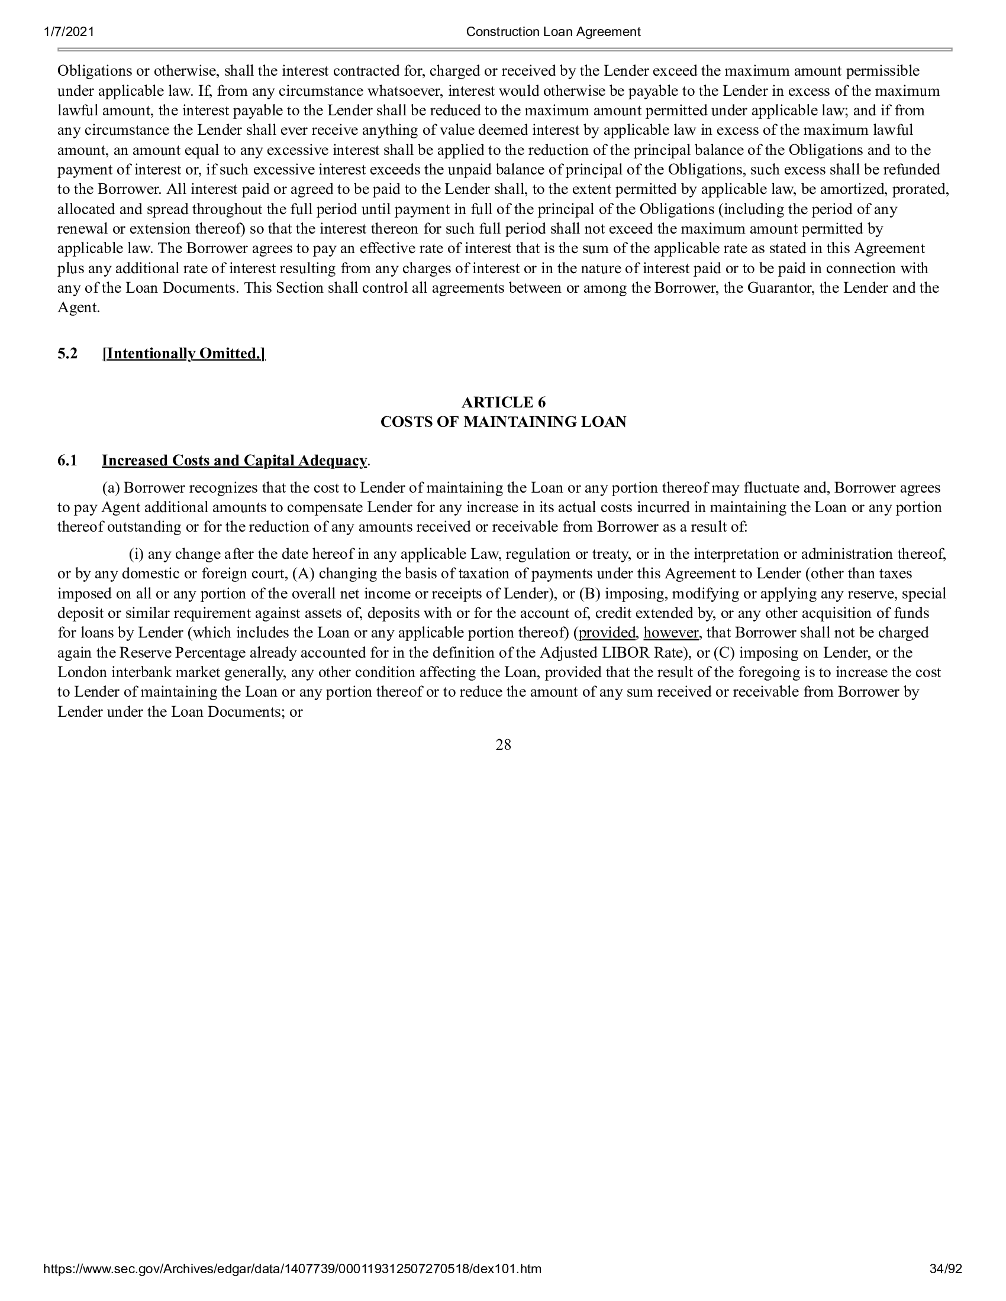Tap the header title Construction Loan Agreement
[553, 32]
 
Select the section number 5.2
[67, 354]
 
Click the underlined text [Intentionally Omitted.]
[183, 354]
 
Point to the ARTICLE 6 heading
[503, 402]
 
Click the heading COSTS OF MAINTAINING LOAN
[503, 422]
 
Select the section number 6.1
[67, 461]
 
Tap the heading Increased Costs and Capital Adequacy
[234, 461]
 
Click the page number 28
[503, 745]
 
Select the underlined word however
[670, 633]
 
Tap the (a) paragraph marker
[111, 488]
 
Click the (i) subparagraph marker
[137, 554]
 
